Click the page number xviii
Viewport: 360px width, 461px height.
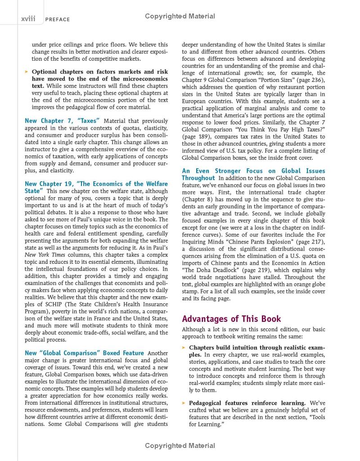[x=28, y=18]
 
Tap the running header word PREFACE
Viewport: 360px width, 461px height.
[x=58, y=19]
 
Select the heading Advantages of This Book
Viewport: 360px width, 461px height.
[x=231, y=319]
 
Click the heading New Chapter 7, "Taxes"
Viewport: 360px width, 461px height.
[x=62, y=121]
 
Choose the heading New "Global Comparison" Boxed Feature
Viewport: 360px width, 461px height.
[x=85, y=353]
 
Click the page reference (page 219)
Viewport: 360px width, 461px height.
[x=252, y=270]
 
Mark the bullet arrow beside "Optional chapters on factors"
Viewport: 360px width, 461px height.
[x=27, y=72]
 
